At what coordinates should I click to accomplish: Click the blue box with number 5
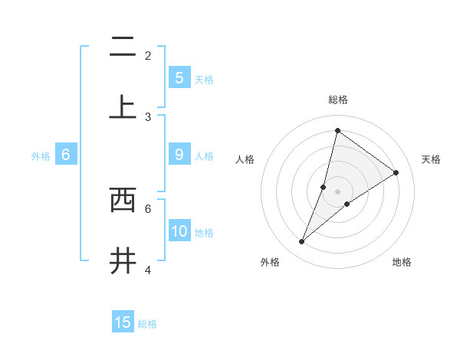click(x=179, y=77)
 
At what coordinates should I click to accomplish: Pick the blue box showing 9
click(x=179, y=155)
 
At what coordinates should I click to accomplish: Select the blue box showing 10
click(x=179, y=231)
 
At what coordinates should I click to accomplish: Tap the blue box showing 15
click(x=123, y=322)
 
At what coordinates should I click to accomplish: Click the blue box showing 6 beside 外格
click(x=66, y=155)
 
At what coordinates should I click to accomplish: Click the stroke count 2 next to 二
click(x=148, y=56)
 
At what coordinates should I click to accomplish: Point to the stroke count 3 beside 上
click(x=148, y=117)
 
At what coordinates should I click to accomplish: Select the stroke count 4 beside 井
click(x=148, y=270)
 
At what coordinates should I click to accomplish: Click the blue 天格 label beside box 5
click(x=204, y=79)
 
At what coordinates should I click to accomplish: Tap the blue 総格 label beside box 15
click(x=147, y=324)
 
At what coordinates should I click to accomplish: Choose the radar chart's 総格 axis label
click(x=337, y=100)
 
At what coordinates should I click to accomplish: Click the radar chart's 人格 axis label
click(x=245, y=159)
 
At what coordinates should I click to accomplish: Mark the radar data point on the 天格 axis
click(x=396, y=172)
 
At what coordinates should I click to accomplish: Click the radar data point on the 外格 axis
click(x=301, y=242)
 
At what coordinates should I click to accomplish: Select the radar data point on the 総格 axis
click(x=337, y=130)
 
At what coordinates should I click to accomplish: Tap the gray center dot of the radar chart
click(x=337, y=191)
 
